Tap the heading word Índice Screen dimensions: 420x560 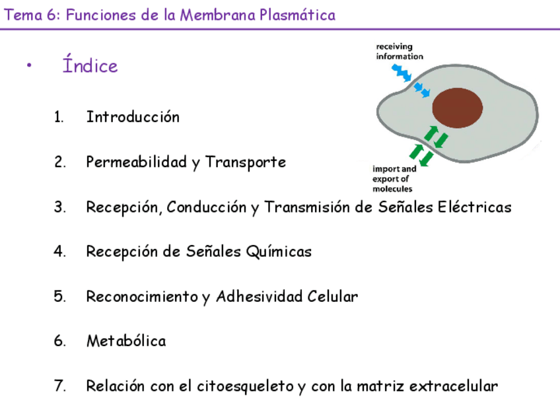90,66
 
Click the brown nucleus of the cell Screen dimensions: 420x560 458,108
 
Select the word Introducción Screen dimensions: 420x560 133,117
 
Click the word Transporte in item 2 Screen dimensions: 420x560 246,162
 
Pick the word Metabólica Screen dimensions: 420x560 126,341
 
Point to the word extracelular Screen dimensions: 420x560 454,386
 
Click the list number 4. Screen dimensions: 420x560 59,252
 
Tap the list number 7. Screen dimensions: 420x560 59,386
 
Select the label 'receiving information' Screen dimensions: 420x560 399,52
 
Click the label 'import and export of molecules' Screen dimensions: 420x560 394,178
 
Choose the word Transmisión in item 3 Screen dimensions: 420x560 307,207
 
